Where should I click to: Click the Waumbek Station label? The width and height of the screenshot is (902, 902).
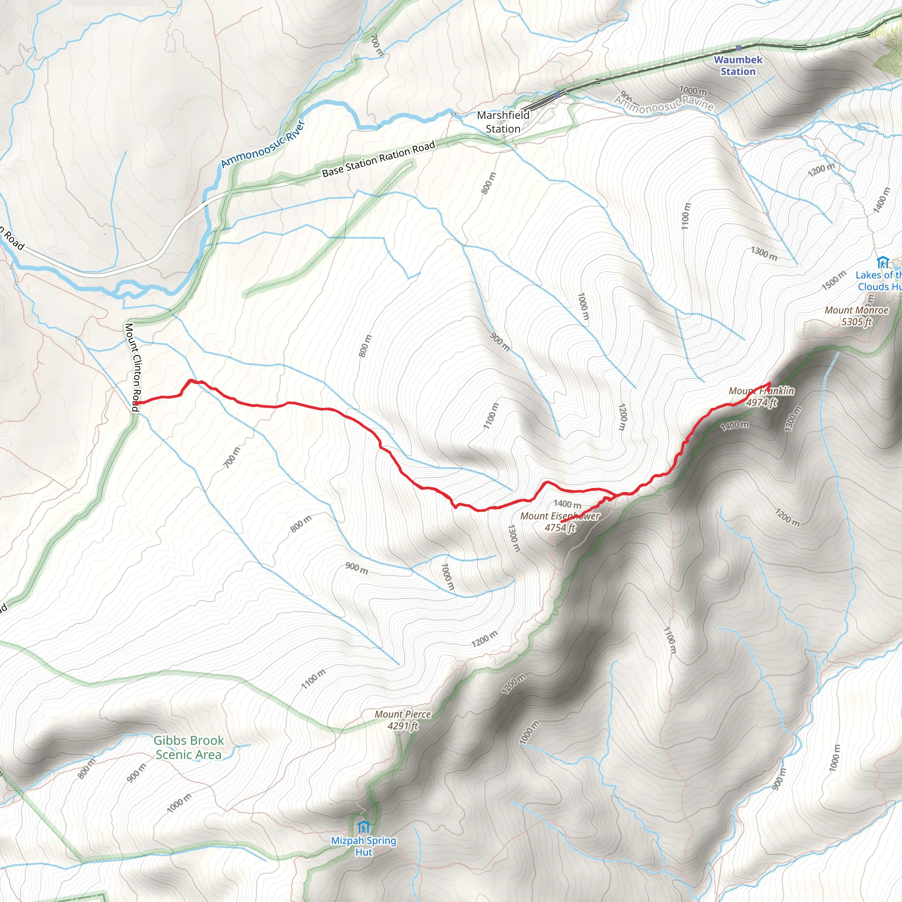coord(738,65)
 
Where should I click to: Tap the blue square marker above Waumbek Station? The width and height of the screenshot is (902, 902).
coord(738,48)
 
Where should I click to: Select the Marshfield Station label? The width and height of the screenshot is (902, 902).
coord(503,122)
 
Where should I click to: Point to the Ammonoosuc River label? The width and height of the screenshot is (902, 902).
coord(263,144)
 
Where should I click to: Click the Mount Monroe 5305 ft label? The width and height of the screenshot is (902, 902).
coord(856,316)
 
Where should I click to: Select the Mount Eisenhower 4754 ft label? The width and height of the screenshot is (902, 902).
coord(560,521)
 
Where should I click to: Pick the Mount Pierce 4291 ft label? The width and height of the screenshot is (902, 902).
coord(403,720)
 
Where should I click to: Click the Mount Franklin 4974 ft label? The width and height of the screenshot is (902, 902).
coord(761,396)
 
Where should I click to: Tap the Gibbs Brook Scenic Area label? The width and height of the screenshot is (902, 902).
coord(189,747)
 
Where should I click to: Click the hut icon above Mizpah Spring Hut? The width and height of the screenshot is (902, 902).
coord(363,827)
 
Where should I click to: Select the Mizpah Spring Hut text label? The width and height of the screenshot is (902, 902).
coord(363,846)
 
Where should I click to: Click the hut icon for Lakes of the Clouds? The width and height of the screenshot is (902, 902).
coord(882,262)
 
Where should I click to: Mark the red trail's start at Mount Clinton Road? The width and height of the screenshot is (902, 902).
coord(136,403)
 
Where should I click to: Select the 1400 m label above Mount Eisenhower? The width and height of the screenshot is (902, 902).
coord(567,504)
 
